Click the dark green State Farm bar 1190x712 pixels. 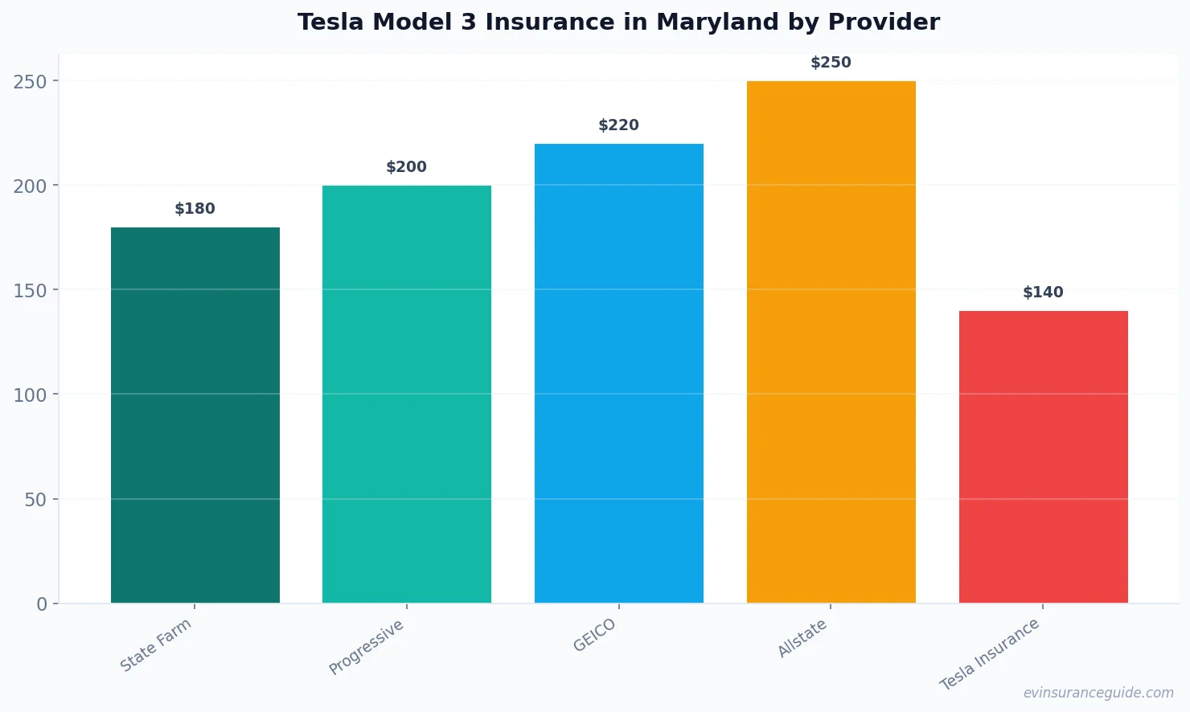(195, 415)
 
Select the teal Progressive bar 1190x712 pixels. (407, 394)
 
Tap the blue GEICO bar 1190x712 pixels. (619, 373)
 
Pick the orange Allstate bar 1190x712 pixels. (831, 342)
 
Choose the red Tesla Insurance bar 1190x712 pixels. (1043, 456)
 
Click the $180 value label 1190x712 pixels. (195, 209)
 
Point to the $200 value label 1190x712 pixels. (407, 167)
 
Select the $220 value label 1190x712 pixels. (619, 125)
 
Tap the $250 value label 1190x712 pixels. (831, 63)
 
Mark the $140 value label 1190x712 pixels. (1043, 293)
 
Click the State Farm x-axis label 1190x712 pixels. (156, 644)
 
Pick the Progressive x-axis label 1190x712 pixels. (367, 647)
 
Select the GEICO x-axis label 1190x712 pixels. (595, 635)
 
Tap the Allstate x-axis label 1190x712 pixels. (802, 639)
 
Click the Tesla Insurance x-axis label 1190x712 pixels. (990, 654)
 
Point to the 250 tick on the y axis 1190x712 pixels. (30, 81)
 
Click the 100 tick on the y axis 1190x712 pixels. (30, 395)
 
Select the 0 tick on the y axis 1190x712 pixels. (42, 604)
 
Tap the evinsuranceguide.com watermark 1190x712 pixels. (1098, 693)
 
